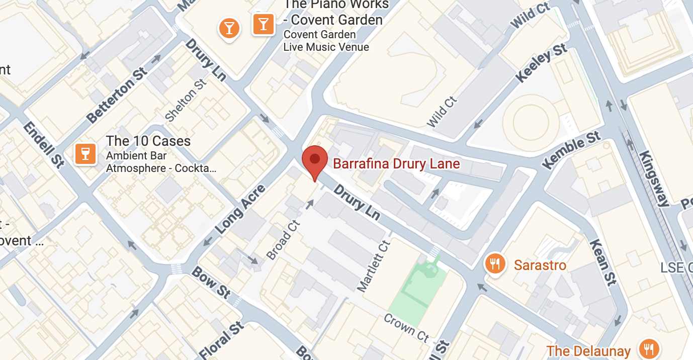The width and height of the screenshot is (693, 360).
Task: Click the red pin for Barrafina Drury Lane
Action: tap(315, 160)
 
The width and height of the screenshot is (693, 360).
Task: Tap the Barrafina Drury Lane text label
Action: tap(396, 164)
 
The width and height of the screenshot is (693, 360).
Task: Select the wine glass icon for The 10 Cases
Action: tap(85, 153)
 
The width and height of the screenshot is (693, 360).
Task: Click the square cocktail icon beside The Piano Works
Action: tap(263, 24)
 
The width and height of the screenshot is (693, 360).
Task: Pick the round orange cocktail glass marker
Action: tap(229, 28)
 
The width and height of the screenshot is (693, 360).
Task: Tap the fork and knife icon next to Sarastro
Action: tap(495, 263)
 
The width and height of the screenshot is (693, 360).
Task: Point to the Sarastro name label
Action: tap(540, 265)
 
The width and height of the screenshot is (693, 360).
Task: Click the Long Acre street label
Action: tap(240, 210)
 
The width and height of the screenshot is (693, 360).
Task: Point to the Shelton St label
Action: tap(186, 100)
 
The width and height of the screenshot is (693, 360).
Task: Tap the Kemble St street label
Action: tap(572, 150)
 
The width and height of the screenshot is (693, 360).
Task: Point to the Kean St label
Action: tap(603, 261)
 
